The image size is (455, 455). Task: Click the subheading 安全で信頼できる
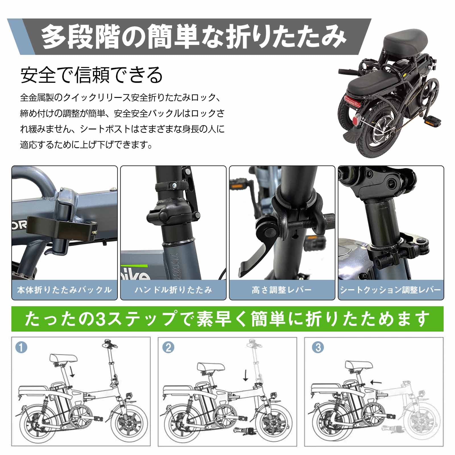pyautogui.click(x=92, y=75)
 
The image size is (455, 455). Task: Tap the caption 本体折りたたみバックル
pyautogui.click(x=64, y=290)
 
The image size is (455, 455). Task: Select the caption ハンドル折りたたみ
pyautogui.click(x=173, y=290)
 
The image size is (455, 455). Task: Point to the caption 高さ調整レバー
pyautogui.click(x=282, y=290)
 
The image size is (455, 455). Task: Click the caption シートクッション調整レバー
pyautogui.click(x=390, y=290)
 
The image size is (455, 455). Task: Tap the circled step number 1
pyautogui.click(x=22, y=348)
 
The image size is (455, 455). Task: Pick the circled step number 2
pyautogui.click(x=168, y=348)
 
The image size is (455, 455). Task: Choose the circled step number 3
pyautogui.click(x=318, y=348)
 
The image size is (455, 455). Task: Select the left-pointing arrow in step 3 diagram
pyautogui.click(x=376, y=382)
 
